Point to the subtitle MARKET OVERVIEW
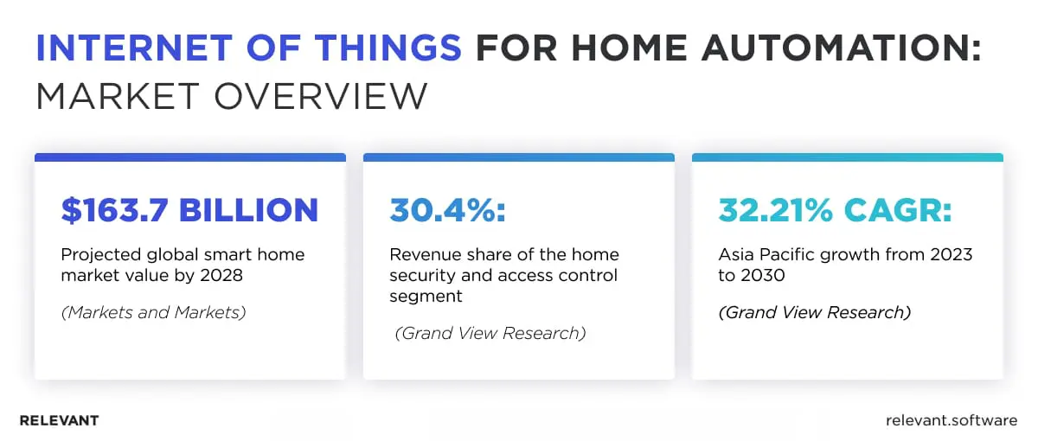231,97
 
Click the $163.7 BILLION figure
189,210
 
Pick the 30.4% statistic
447,210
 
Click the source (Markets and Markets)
153,312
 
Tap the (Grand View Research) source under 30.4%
490,333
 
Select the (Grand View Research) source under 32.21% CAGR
814,312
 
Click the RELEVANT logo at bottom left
59,420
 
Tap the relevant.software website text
951,420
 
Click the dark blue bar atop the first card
189,157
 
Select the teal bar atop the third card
847,157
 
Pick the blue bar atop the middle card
518,157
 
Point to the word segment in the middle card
426,297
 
